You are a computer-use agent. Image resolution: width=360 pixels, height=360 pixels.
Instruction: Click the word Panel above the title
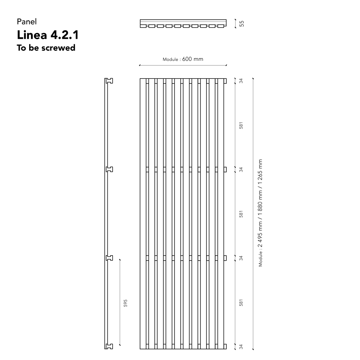tap(27, 22)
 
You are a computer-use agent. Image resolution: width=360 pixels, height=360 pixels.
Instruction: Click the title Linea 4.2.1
tap(48, 35)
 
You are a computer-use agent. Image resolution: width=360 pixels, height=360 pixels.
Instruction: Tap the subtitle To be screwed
tap(46, 48)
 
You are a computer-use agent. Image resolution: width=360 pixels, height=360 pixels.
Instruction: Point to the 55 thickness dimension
tap(242, 24)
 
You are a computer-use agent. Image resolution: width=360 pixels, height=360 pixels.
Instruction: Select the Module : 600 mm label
tap(183, 59)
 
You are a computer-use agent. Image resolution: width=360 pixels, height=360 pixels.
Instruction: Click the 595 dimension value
tap(125, 303)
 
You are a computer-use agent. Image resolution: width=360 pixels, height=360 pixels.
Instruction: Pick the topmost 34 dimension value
tap(241, 81)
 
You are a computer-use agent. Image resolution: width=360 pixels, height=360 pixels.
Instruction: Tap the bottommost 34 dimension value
tap(241, 347)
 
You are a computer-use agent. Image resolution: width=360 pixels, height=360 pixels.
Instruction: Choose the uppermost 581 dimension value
tap(241, 125)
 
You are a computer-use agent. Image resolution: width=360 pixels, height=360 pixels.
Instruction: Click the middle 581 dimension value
tap(241, 214)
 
